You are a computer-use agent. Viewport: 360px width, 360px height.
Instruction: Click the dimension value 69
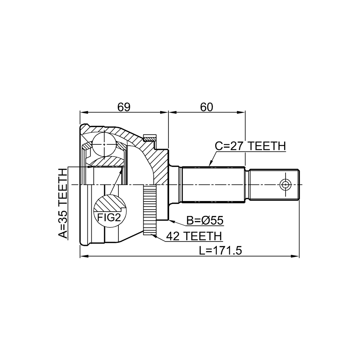click(124, 107)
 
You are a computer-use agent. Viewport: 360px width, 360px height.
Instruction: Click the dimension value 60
click(207, 107)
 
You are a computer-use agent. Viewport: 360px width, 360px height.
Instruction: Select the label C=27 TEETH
click(250, 146)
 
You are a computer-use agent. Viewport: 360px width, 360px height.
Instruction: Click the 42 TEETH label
click(194, 236)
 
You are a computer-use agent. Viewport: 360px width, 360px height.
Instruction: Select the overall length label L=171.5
click(220, 251)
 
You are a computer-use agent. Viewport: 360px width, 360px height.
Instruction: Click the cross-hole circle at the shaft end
click(285, 185)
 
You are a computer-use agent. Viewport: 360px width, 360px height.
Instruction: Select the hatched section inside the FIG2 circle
click(108, 203)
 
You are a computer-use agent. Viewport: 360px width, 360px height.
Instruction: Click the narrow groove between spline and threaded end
click(247, 185)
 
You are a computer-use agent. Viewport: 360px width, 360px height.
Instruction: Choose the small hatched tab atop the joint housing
click(150, 138)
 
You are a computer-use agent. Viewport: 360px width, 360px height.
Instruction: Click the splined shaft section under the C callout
click(213, 185)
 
